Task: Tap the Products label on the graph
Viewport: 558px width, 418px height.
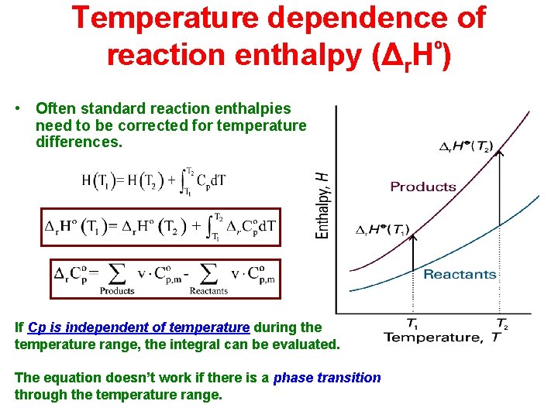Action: (423, 187)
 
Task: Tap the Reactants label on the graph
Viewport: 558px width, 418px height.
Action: (460, 274)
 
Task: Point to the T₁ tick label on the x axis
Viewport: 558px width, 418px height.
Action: (413, 324)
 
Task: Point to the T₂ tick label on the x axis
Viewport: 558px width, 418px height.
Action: (501, 324)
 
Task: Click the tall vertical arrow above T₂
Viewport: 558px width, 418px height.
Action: (501, 217)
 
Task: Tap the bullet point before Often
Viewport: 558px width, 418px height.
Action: (19, 109)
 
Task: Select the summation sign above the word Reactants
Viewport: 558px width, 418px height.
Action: (208, 273)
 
